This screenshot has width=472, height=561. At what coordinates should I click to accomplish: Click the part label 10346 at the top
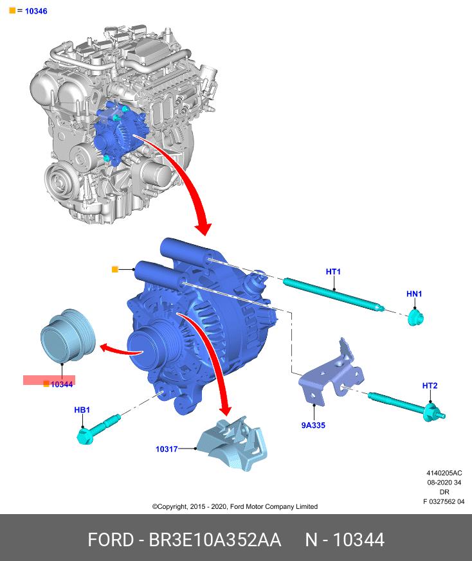[x=35, y=11]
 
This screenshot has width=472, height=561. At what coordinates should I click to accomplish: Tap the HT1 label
[x=333, y=272]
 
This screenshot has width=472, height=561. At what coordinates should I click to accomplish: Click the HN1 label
[x=414, y=294]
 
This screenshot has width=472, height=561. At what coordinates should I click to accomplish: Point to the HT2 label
[x=430, y=386]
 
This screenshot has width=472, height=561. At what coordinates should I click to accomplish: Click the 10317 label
[x=167, y=449]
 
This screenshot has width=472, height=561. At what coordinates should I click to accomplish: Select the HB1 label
[x=82, y=409]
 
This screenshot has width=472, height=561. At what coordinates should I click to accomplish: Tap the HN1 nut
[x=416, y=316]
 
